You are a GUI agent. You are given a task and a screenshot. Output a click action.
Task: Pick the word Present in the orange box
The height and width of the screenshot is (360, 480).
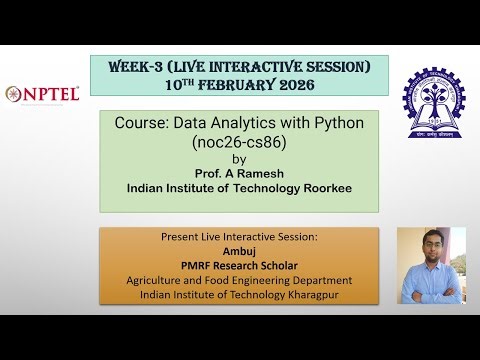point(182,238)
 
